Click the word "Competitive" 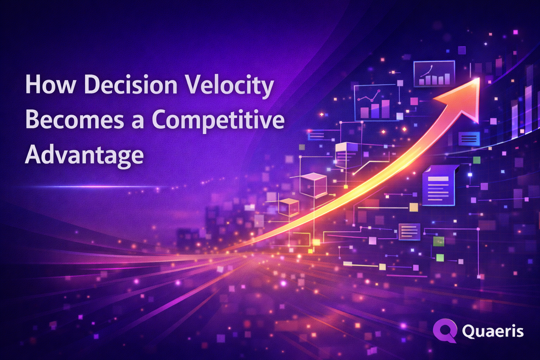point(218,121)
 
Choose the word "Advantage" point(84,155)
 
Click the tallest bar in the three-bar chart point(385,109)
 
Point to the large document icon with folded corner point(439,185)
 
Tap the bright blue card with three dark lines point(469,139)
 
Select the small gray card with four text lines point(409,232)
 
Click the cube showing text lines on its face point(346,154)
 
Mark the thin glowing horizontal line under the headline point(91,186)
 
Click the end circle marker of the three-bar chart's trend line point(379,91)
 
